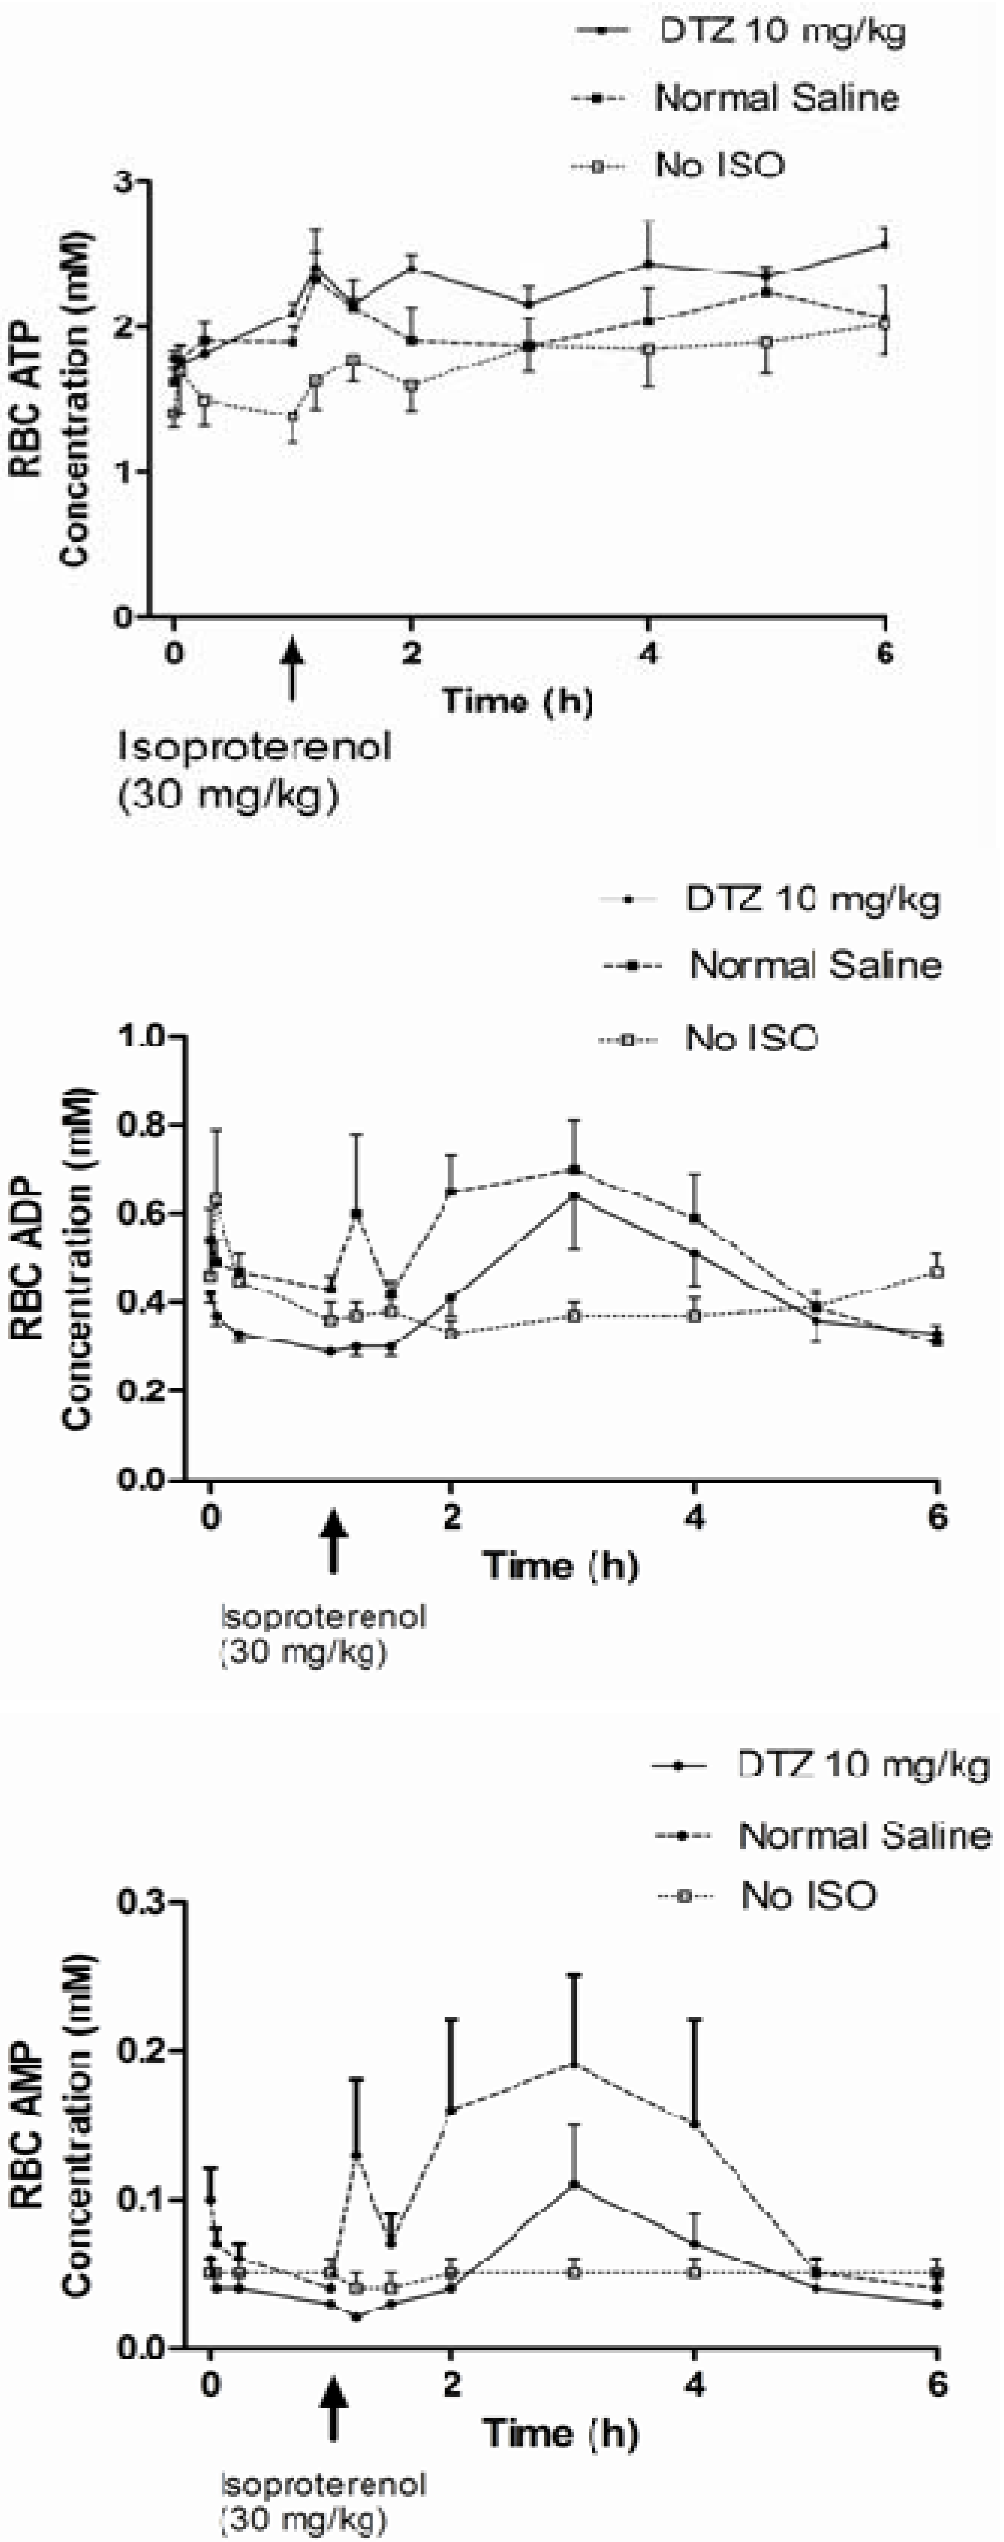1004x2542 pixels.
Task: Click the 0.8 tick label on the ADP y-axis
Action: [144, 1125]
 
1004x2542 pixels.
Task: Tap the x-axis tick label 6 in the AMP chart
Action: [937, 2384]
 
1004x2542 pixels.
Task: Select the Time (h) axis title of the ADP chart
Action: [560, 1565]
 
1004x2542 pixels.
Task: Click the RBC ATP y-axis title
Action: [26, 399]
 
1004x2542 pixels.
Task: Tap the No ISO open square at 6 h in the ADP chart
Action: [938, 1272]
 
